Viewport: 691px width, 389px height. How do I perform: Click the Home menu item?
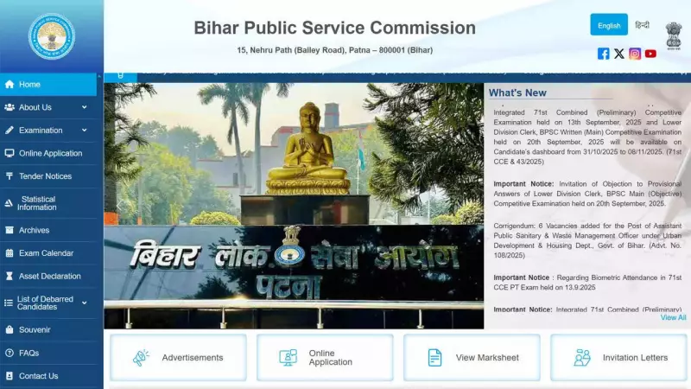coord(29,85)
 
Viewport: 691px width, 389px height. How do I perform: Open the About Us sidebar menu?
coord(35,107)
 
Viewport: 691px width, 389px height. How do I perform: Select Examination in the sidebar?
coord(41,131)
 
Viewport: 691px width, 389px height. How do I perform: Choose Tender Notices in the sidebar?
coord(45,176)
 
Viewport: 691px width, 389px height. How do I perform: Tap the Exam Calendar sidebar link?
coord(46,253)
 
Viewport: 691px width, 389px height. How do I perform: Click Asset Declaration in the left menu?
coord(49,277)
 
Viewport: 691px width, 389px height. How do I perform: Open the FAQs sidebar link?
coord(29,353)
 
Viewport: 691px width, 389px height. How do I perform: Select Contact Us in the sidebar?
coord(38,376)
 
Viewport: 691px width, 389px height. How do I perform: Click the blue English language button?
coord(609,25)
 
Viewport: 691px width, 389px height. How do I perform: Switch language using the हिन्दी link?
coord(642,25)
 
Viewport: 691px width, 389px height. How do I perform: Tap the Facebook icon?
coord(604,54)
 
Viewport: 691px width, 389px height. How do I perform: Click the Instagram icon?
coord(635,54)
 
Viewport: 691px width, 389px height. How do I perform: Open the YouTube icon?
coord(650,54)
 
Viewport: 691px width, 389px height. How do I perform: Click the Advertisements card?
coord(178,357)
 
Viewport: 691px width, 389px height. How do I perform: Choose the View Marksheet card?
coord(472,357)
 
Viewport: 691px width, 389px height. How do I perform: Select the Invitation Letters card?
coord(618,357)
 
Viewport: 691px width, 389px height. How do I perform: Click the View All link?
coord(673,317)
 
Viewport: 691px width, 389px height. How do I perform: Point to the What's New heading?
coord(517,92)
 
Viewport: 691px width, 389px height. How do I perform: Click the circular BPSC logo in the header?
coord(52,36)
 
